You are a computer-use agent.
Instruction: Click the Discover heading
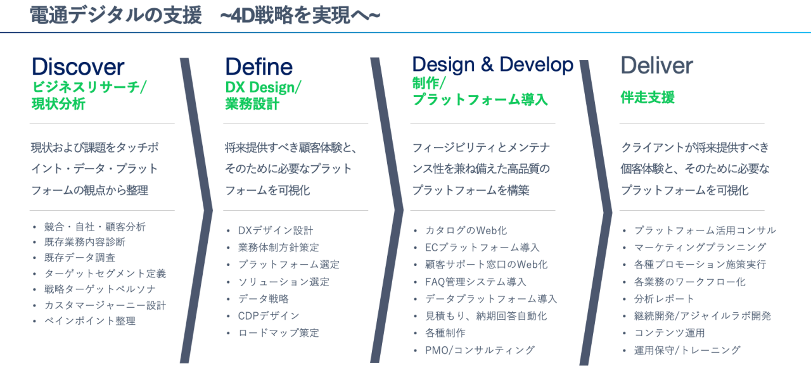[x=78, y=66]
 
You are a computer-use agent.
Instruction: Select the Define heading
[x=259, y=66]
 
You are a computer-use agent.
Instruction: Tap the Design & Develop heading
[x=493, y=65]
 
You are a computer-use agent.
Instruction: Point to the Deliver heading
[x=657, y=65]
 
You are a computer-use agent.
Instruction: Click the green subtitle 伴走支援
[x=648, y=98]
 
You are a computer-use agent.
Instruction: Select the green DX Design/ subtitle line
[x=263, y=87]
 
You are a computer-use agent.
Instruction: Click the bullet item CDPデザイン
[x=269, y=316]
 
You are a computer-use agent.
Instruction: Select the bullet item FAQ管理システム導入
[x=476, y=282]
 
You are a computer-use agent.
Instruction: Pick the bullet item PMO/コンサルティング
[x=480, y=350]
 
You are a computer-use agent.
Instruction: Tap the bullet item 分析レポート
[x=664, y=299]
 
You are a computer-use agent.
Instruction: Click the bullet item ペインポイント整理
[x=90, y=321]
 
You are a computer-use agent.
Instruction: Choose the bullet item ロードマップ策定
[x=278, y=333]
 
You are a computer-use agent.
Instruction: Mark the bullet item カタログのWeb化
[x=466, y=230]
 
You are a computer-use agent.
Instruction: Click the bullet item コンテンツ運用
[x=670, y=333]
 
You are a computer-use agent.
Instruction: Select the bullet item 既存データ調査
[x=80, y=258]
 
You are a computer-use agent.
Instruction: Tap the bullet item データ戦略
[x=263, y=299]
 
